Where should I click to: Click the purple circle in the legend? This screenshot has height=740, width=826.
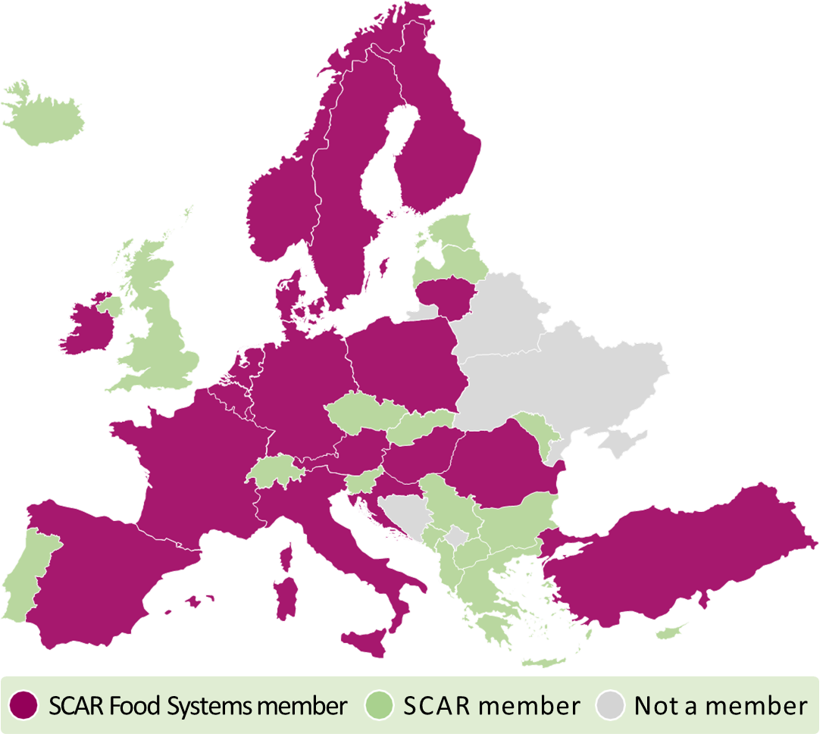25,706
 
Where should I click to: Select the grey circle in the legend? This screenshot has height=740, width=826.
612,706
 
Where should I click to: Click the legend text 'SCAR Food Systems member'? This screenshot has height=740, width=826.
198,706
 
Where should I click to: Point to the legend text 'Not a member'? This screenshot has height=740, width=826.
720,706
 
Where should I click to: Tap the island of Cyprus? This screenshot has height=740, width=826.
671,631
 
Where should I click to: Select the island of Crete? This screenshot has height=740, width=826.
544,662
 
